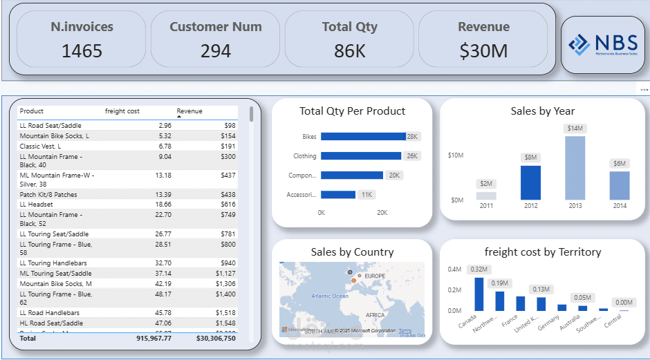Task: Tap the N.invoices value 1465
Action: (x=82, y=50)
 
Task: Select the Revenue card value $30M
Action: (x=483, y=50)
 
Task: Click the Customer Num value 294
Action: (x=216, y=50)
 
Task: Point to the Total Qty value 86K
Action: (x=349, y=50)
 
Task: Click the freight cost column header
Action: (x=122, y=111)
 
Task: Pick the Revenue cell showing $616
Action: (x=228, y=205)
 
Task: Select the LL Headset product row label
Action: (x=36, y=205)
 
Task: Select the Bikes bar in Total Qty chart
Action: (x=363, y=137)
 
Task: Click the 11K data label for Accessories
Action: (x=367, y=195)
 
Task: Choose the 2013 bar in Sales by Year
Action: (x=575, y=168)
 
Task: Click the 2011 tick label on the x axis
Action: (x=486, y=206)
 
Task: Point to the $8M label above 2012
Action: (x=530, y=158)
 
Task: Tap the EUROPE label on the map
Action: (x=375, y=276)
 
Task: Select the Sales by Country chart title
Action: (x=352, y=252)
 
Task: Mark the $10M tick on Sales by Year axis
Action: (x=456, y=155)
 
